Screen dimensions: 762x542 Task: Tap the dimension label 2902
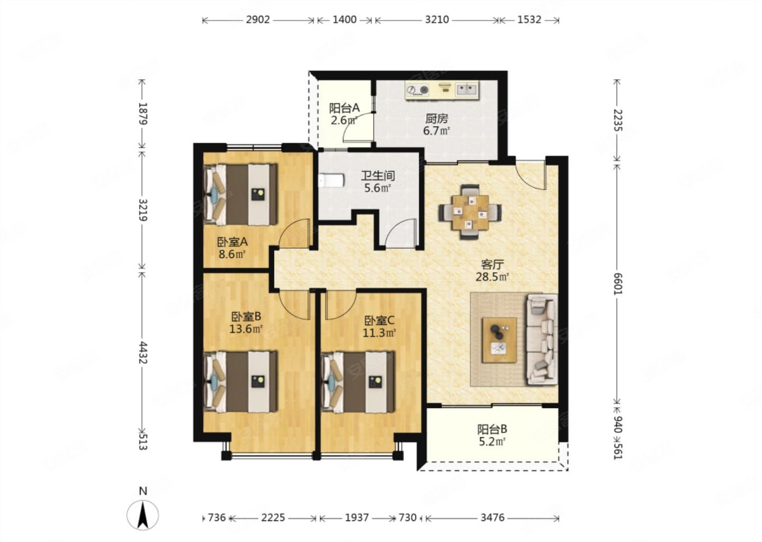[x=258, y=20]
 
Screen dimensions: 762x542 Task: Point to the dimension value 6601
[x=617, y=284]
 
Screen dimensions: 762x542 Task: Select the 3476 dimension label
[x=492, y=518]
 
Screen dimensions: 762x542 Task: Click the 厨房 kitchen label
[x=437, y=119]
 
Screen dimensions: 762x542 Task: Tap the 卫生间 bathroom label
[x=378, y=176]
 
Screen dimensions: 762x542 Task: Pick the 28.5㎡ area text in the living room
[x=492, y=277]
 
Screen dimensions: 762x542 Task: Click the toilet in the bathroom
[x=331, y=180]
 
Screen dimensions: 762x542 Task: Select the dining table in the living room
[x=470, y=212]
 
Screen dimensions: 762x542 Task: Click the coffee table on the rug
[x=499, y=340]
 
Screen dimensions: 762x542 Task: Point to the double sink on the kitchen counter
[x=467, y=90]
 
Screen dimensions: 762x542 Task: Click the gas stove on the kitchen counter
[x=418, y=90]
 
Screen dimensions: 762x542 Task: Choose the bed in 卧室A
[x=240, y=195]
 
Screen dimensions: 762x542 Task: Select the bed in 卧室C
[x=357, y=383]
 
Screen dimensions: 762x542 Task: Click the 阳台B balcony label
[x=492, y=429]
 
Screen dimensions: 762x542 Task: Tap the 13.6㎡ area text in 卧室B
[x=246, y=329]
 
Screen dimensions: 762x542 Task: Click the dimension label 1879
[x=143, y=114]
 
